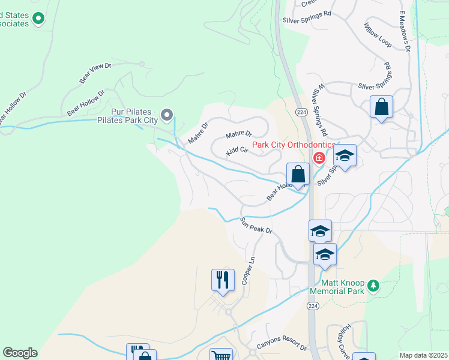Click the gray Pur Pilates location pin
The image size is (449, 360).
coord(167,114)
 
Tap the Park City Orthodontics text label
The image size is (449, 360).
coord(293,145)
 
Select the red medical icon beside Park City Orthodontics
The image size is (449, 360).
coord(319,158)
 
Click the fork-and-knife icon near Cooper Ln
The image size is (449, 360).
coord(222,279)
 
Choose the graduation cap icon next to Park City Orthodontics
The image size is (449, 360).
coord(345,155)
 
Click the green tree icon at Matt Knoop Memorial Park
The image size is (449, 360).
coord(374,285)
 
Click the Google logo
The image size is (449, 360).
coord(20,353)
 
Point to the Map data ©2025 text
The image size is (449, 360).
coord(424,355)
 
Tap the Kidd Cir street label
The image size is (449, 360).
coord(237,151)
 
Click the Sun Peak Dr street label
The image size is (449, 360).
coord(256,226)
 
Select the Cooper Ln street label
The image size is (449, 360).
coord(248,272)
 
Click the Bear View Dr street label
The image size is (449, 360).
coord(95,73)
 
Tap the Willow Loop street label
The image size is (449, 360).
coord(378,35)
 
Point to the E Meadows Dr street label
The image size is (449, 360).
coord(403,30)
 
